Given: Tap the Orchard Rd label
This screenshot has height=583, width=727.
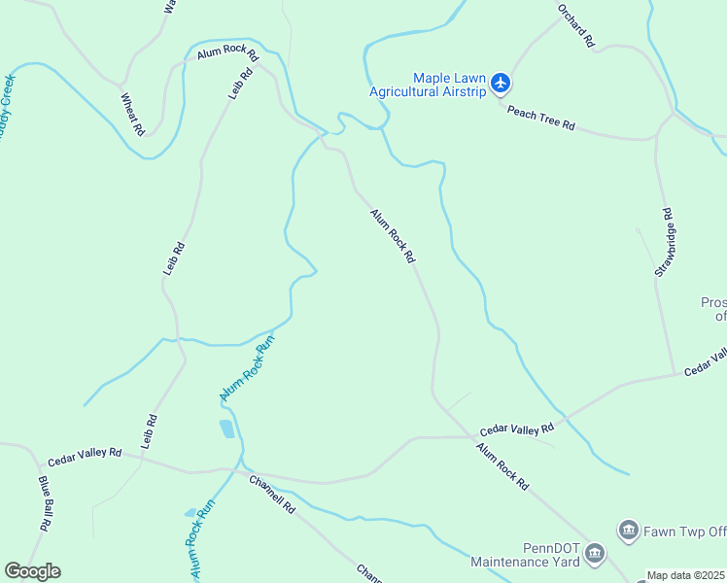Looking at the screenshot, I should [x=575, y=24].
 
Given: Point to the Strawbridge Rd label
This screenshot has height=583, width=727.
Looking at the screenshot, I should [x=664, y=242].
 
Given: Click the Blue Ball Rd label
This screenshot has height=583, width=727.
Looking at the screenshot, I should [x=46, y=501].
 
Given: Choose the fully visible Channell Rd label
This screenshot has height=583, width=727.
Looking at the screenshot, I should [x=271, y=494].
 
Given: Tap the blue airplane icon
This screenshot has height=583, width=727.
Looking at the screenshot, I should [x=501, y=84].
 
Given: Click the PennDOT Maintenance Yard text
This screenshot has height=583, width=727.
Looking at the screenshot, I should [x=525, y=556].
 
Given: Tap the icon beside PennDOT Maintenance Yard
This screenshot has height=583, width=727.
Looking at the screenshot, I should [x=594, y=556].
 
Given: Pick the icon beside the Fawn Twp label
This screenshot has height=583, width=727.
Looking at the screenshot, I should [x=628, y=531].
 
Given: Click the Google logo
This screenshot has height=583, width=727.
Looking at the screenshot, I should [x=32, y=571].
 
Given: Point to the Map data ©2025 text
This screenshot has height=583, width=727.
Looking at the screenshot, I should [x=686, y=575].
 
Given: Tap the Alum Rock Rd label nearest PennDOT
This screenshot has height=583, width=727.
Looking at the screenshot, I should [x=502, y=466].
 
